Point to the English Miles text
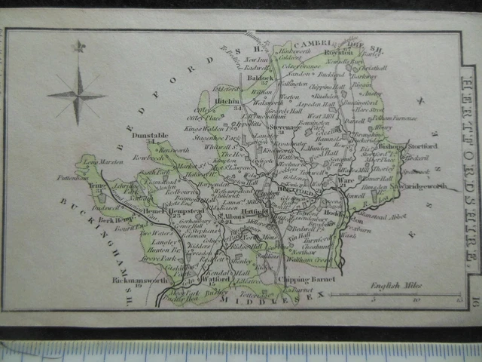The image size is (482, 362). coord(396,286)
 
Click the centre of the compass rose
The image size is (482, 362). coord(77,96)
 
